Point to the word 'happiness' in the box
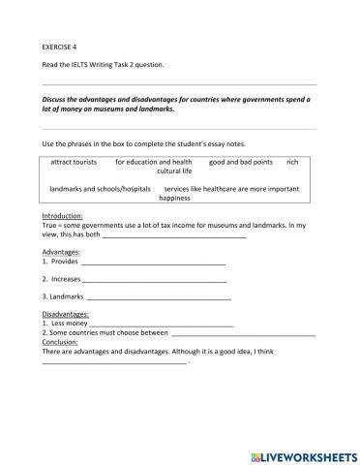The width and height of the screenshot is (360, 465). (x=174, y=197)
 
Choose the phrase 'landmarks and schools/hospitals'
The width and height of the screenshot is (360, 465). (x=99, y=188)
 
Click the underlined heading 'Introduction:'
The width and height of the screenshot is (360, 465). (x=63, y=215)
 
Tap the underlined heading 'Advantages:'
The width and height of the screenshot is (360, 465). (x=61, y=251)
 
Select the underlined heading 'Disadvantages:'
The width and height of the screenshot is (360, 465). (x=65, y=315)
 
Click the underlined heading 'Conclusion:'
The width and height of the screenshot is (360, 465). (x=60, y=341)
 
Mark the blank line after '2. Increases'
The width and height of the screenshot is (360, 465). (x=155, y=280)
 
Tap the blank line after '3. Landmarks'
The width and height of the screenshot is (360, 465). (x=159, y=297)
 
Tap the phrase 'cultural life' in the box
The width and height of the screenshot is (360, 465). (x=174, y=170)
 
